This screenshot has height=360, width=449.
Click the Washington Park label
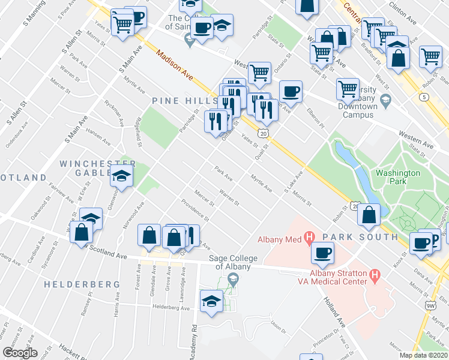click(397, 178)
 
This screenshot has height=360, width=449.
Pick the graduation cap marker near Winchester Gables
click(122, 178)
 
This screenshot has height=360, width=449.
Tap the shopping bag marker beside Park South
click(371, 214)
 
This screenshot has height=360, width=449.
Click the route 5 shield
click(425, 97)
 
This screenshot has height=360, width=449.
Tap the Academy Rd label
click(194, 339)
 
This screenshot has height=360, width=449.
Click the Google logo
click(20, 353)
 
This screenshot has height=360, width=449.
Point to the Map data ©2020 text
click(423, 355)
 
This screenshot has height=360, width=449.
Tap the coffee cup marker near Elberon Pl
click(291, 91)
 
